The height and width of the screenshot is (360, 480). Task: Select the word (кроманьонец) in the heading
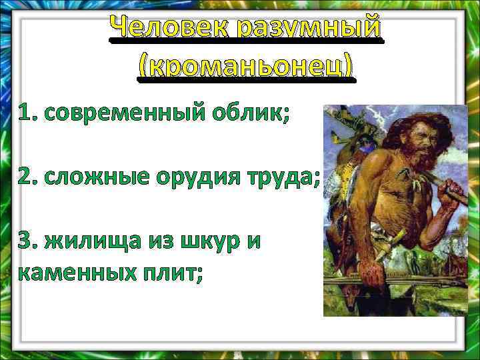[246, 67]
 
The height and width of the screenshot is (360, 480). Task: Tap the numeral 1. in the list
[27, 114]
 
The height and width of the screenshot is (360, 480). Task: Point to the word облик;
[246, 115]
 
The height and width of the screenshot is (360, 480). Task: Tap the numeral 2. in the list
[27, 179]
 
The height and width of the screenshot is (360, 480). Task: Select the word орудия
[201, 179]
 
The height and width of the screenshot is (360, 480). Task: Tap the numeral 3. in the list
[27, 242]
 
